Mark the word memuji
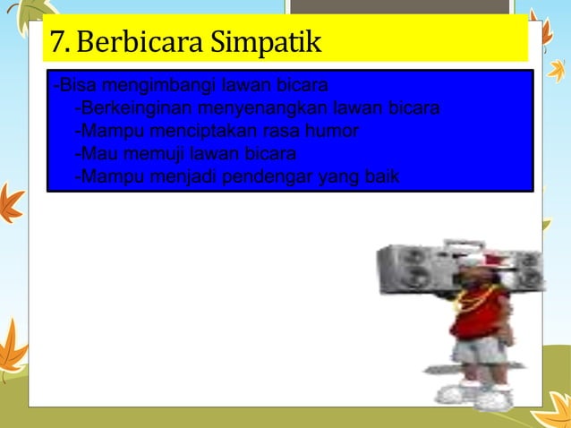[149, 153]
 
